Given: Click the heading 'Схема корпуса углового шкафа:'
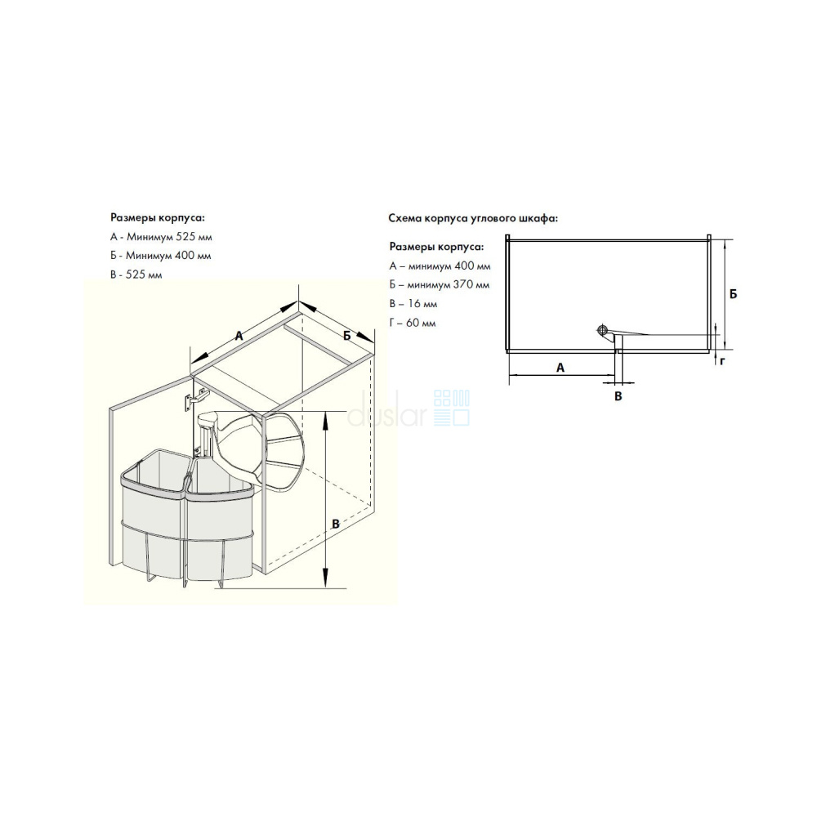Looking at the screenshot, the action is coord(473,218).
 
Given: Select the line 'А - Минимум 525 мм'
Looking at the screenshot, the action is coord(161,237).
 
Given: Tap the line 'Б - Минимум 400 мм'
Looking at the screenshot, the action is coord(160,256).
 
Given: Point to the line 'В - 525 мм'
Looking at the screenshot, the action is coord(136,275).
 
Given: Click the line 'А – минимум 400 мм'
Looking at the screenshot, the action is coord(440,266).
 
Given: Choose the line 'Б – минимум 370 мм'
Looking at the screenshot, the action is coord(440,285).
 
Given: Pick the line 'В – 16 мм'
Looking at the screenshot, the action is coord(413,304).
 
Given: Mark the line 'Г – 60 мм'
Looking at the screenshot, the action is coord(412,323).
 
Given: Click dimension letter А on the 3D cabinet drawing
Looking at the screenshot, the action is coord(239,336).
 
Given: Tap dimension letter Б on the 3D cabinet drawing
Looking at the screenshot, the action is coord(347,336).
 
